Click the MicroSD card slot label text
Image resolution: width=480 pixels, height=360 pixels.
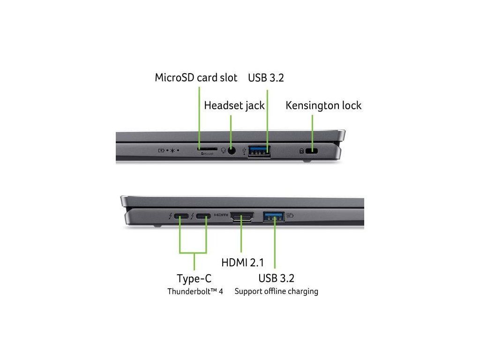point(196,78)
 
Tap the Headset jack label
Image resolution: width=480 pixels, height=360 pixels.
point(234,105)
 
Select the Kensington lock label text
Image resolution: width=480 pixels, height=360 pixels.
point(323,105)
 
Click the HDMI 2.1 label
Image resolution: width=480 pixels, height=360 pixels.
point(242,262)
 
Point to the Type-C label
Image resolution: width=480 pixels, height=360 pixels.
point(194,278)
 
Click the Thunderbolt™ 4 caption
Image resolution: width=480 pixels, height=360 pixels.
point(195,291)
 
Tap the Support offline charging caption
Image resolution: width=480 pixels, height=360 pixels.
point(276,291)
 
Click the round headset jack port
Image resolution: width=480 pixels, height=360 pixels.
point(232,150)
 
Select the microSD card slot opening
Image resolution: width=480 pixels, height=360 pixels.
point(207,149)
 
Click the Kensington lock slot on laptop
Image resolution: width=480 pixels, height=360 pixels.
point(312,150)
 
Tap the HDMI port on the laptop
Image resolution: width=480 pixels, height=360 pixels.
point(242,217)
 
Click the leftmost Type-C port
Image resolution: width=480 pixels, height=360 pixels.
point(181,216)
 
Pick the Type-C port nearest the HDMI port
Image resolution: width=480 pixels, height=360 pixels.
point(203,216)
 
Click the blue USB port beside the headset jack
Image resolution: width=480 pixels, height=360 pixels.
point(259,151)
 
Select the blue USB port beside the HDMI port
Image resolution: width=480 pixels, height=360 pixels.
point(274,217)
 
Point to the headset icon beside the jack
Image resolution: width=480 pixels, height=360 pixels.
point(223,150)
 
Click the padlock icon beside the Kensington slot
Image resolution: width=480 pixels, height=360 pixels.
point(301,151)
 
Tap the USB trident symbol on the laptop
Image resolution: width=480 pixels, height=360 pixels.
point(244,151)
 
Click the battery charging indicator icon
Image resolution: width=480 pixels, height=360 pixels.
point(161,150)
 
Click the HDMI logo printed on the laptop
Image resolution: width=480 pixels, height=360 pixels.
point(221,215)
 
